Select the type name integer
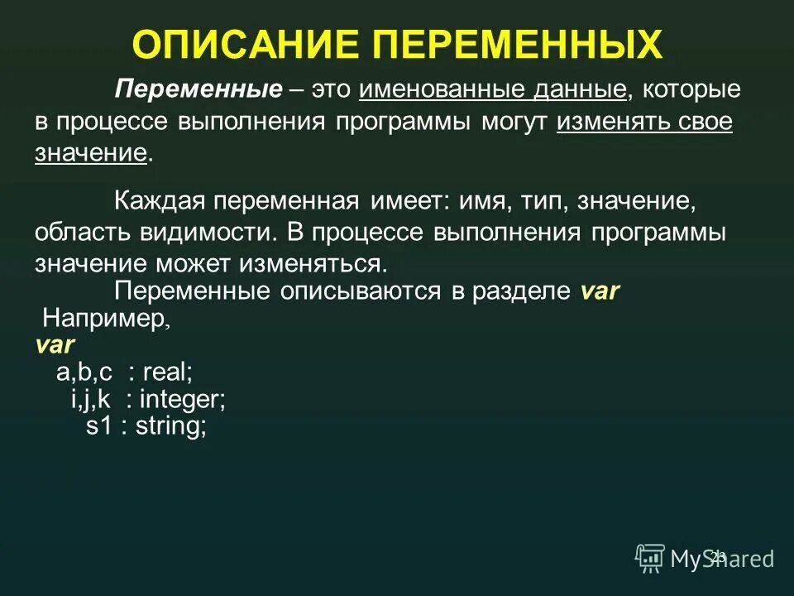[180, 400]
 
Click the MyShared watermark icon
[650, 559]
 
